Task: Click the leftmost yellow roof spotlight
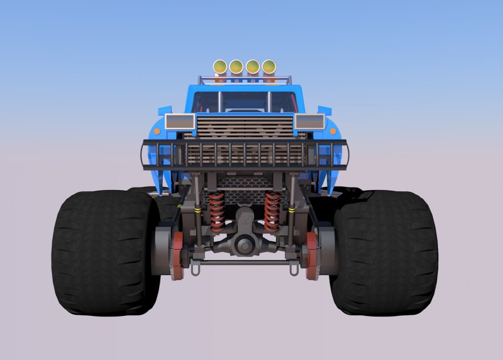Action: click(220, 66)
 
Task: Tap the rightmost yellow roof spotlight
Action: click(269, 66)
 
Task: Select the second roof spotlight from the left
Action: click(236, 66)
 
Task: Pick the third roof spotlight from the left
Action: click(253, 66)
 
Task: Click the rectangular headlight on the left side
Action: click(180, 121)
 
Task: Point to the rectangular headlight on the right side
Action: click(309, 121)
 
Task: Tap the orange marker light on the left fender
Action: click(157, 132)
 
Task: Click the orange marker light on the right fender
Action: click(333, 132)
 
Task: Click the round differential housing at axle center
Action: click(245, 243)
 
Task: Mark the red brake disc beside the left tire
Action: click(178, 255)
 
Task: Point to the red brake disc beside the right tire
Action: click(311, 255)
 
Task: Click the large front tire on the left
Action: click(104, 252)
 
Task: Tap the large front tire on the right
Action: click(385, 252)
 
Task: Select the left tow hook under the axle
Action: click(196, 269)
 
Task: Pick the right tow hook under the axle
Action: click(293, 269)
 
